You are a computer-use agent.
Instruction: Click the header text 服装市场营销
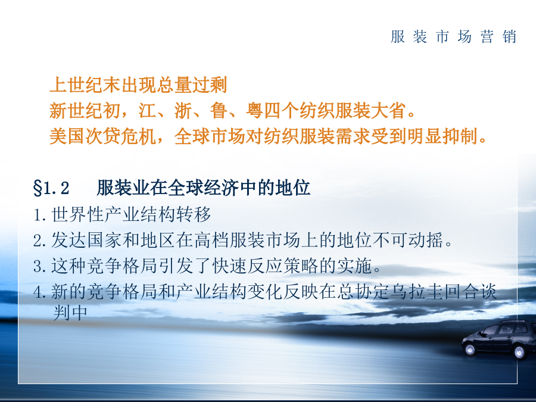tap(453, 36)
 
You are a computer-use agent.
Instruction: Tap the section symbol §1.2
tap(51, 188)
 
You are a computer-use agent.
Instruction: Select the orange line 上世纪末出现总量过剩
tap(138, 85)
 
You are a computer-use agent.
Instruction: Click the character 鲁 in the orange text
tap(219, 110)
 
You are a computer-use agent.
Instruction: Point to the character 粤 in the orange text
tap(255, 110)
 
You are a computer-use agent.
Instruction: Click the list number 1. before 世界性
tap(40, 215)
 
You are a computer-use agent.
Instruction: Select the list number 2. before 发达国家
tap(40, 241)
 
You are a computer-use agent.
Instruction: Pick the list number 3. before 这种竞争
tap(40, 266)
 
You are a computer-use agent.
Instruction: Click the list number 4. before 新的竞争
tap(40, 292)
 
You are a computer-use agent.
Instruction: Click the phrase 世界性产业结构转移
tap(131, 214)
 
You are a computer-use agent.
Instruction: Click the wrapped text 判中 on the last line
tap(70, 313)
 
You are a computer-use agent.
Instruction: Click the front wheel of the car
tap(470, 350)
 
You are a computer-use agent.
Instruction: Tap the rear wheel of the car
tap(519, 352)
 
